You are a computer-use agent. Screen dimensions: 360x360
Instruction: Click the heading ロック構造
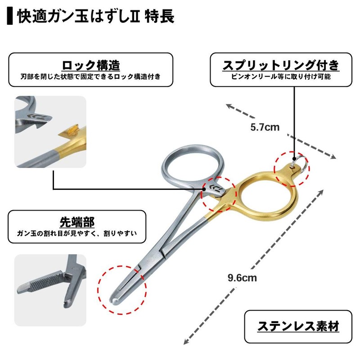pyautogui.click(x=90, y=65)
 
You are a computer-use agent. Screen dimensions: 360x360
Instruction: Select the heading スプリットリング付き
pyautogui.click(x=281, y=65)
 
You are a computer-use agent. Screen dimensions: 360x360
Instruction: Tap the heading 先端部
pyautogui.click(x=77, y=221)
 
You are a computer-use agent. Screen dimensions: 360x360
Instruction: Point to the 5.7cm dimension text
pyautogui.click(x=265, y=127)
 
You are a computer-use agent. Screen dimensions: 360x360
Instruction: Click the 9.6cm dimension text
pyautogui.click(x=242, y=278)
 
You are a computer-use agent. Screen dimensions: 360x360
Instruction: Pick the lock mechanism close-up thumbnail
pyautogui.click(x=50, y=132)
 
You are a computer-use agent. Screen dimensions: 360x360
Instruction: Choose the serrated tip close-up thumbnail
pyautogui.click(x=50, y=291)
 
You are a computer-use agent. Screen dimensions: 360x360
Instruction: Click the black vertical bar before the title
pyautogui.click(x=10, y=17)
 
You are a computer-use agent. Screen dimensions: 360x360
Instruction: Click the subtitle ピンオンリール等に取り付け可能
pyautogui.click(x=281, y=77)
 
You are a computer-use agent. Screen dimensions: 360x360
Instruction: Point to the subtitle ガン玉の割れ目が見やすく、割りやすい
pyautogui.click(x=77, y=234)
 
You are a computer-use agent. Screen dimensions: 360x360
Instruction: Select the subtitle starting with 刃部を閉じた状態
pyautogui.click(x=90, y=77)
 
